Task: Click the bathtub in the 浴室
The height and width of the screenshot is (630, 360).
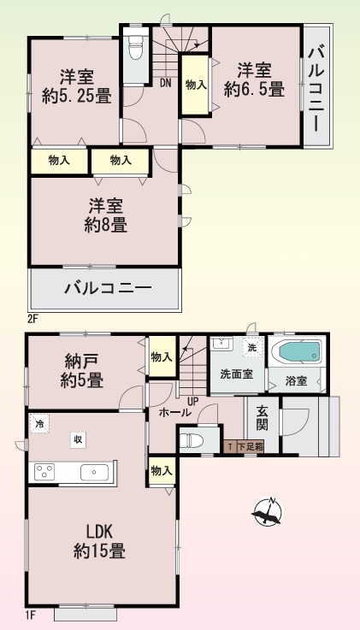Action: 298,352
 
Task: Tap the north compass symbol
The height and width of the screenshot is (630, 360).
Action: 268,512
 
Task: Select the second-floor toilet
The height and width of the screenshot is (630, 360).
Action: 136,47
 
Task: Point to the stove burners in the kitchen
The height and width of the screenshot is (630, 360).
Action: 44,471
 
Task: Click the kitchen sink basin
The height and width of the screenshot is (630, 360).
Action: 94,472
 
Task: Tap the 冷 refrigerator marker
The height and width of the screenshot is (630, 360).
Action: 39,423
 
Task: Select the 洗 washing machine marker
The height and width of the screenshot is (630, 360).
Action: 252,348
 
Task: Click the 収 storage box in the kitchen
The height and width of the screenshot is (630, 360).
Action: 78,440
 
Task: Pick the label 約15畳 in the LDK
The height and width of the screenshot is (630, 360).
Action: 99,550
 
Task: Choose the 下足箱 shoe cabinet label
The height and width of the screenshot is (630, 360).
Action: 251,446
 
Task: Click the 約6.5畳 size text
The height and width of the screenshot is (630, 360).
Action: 254,89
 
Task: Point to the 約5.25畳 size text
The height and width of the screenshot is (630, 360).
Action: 77,97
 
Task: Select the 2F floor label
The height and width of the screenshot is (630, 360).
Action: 32,320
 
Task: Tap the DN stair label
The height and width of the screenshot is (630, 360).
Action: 166,83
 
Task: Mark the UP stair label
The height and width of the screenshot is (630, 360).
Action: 193,401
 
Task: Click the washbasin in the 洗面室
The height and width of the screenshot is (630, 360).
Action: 221,344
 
